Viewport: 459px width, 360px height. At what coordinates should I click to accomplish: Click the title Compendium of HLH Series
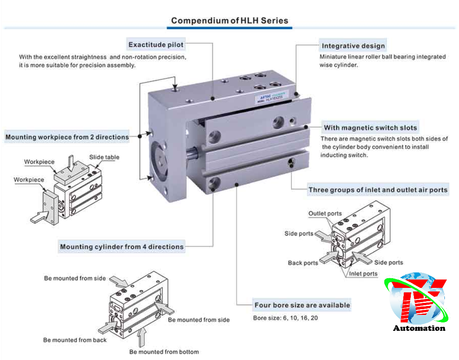point(229,20)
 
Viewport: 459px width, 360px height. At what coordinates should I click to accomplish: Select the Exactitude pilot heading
point(156,45)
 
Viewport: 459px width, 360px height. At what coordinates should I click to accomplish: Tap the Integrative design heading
point(353,46)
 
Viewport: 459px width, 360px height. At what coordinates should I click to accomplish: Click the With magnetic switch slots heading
point(370,128)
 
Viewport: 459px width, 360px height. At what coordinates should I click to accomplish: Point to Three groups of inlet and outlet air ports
point(378,190)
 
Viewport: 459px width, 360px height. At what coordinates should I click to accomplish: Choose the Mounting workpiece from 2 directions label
point(67,137)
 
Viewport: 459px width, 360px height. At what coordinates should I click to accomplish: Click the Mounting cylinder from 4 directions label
point(122,247)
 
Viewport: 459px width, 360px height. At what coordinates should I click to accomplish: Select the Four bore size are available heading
point(302,305)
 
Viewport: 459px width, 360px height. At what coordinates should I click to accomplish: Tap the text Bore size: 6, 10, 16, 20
point(285,318)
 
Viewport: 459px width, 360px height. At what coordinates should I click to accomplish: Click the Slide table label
point(104,157)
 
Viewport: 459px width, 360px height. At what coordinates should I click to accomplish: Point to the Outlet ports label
point(325,214)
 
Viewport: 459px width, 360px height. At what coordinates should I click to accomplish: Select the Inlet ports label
point(363,274)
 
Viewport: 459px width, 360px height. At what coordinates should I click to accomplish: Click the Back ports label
point(303,263)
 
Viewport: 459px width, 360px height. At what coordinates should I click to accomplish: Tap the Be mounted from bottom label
point(164,352)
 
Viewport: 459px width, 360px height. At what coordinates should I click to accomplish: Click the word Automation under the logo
point(419,328)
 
